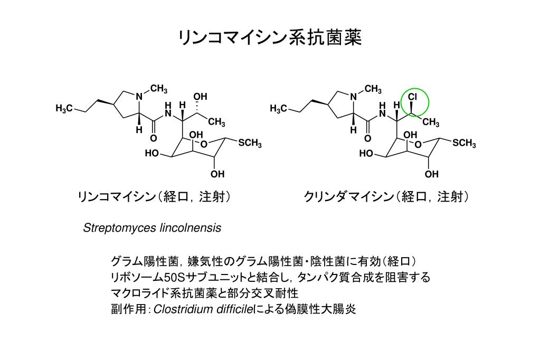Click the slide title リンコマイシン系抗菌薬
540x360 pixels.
tap(270, 38)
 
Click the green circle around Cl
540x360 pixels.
tap(416, 101)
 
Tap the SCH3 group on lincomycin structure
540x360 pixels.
tap(250, 143)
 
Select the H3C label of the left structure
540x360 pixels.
tap(64, 109)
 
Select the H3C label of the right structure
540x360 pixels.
tap(278, 109)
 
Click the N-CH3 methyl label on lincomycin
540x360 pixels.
tap(159, 89)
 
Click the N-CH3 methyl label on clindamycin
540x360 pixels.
tap(373, 89)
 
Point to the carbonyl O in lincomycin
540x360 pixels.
tap(153, 138)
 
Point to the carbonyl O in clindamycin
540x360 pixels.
tap(367, 138)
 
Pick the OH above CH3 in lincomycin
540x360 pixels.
tap(200, 97)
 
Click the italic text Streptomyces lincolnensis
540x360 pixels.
tap(152, 228)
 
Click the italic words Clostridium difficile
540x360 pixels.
tap(203, 309)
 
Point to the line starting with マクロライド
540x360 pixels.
tap(204, 293)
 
